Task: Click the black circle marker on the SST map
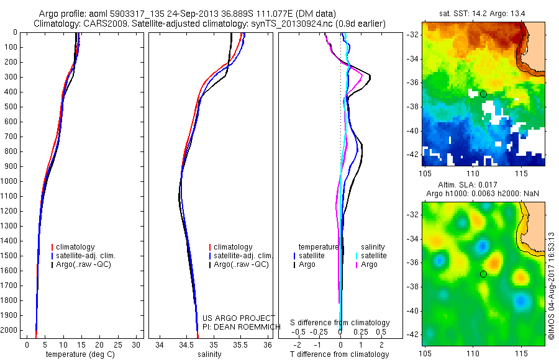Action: (483, 94)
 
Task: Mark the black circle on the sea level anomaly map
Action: (483, 274)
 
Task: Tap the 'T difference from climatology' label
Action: (339, 354)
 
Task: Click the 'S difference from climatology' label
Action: (340, 323)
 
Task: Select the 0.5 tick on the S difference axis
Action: (381, 332)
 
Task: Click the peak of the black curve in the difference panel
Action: (371, 77)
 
